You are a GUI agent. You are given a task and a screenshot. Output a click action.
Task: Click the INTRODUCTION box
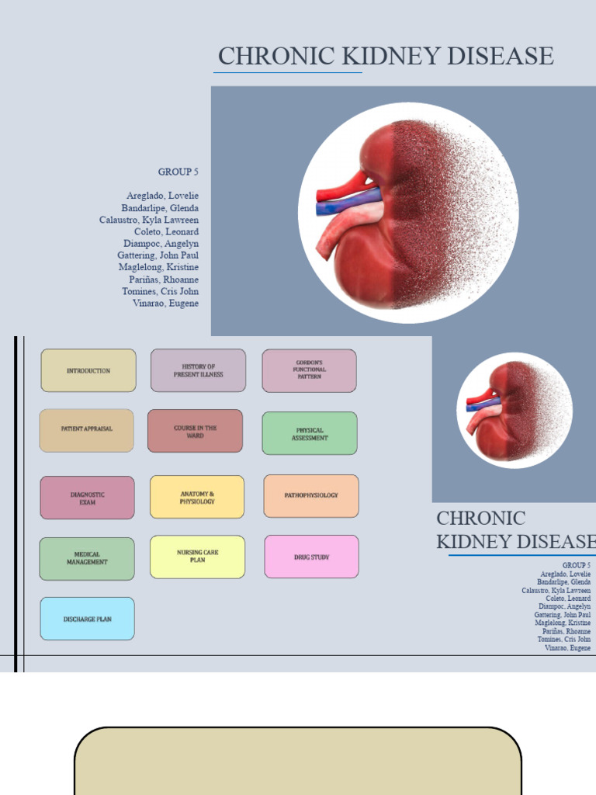coord(88,370)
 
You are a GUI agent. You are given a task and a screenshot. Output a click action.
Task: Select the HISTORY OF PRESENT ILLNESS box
coord(198,370)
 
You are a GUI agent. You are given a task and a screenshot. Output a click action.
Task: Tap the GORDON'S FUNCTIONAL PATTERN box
coord(309,370)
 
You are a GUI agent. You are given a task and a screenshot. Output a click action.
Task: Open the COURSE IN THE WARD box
coord(195,431)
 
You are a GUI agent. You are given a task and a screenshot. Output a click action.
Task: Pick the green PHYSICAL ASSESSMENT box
coord(310,433)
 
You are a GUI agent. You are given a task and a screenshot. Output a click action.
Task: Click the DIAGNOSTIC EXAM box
coord(87,498)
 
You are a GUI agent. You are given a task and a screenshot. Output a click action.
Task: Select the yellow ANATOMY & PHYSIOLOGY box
coord(197,497)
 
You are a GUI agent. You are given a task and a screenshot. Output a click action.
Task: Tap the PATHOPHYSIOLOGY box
coord(311,495)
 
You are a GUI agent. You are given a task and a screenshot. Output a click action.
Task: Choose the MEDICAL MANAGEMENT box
coord(87,559)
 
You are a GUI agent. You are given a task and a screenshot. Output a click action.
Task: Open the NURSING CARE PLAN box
coord(197,557)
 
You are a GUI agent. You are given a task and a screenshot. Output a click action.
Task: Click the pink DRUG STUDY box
coord(311,557)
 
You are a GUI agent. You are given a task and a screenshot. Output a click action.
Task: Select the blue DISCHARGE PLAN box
coord(87,619)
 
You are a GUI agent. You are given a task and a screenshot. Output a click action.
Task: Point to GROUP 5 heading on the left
coord(178,172)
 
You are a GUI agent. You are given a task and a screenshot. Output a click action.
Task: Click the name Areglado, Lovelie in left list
coord(162,196)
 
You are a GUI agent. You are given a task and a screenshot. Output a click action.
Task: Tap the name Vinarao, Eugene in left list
coord(165,304)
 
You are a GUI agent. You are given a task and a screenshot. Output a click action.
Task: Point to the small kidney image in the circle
coord(514,410)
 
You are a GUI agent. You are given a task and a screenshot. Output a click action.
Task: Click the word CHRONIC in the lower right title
coord(480,519)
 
